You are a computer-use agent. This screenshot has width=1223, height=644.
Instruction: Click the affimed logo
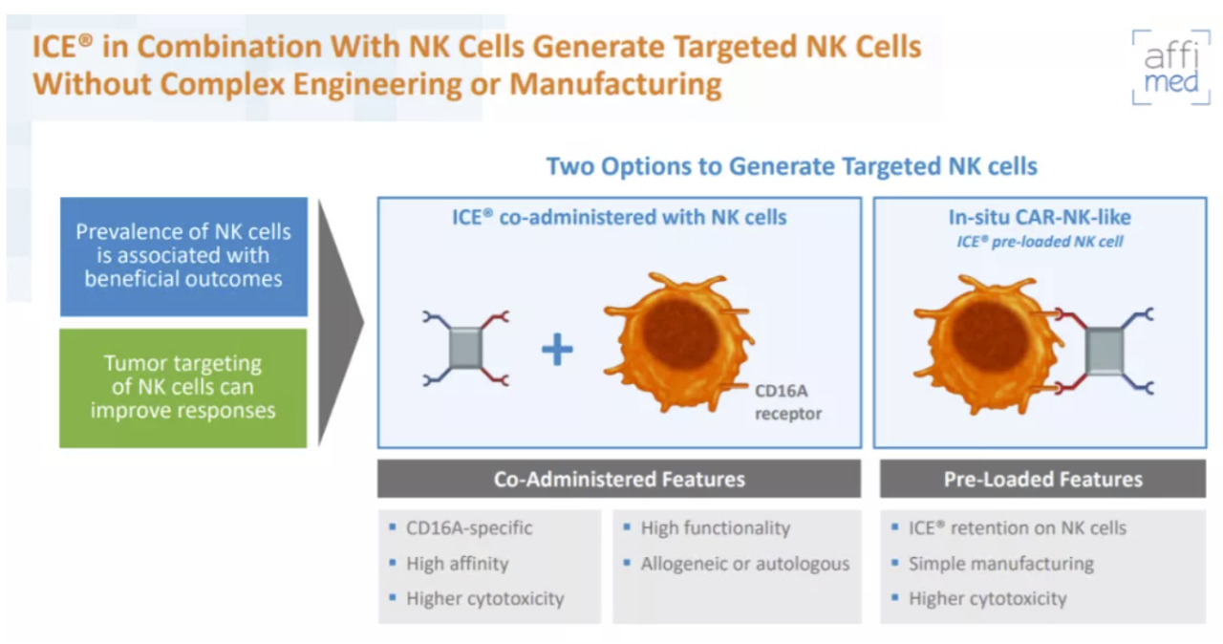click(1171, 67)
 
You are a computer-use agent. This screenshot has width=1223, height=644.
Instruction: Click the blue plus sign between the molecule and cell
click(557, 350)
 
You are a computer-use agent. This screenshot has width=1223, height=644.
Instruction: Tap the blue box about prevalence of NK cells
click(183, 256)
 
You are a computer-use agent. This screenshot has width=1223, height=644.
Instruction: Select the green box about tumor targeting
click(183, 388)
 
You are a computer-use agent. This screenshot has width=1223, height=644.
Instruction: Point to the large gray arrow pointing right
click(339, 323)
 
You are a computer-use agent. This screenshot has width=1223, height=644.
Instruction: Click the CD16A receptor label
click(788, 402)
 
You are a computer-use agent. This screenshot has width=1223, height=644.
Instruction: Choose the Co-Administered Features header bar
click(619, 479)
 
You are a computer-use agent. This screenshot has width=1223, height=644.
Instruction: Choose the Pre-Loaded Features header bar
click(1042, 479)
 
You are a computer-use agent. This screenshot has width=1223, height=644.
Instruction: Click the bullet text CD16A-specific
click(469, 527)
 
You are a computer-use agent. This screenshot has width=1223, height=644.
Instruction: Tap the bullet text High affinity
click(457, 563)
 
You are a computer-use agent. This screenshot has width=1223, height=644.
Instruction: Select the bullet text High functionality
click(716, 527)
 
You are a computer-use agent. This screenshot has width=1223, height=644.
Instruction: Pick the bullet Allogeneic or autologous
click(745, 563)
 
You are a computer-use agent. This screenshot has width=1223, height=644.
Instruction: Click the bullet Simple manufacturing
click(1000, 563)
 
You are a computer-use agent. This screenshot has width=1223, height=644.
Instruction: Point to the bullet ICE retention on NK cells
click(1018, 527)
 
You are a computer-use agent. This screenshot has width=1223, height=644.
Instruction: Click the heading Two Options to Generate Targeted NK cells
click(792, 166)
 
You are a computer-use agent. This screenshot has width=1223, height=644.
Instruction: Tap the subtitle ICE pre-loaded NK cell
click(1040, 241)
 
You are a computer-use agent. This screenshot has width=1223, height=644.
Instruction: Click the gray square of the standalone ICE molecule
click(465, 348)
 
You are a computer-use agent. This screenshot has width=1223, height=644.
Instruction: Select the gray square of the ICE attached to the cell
click(1105, 351)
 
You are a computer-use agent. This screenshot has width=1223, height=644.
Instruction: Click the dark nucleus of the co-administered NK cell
click(678, 333)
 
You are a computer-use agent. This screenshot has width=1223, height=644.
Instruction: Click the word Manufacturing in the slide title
click(615, 85)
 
